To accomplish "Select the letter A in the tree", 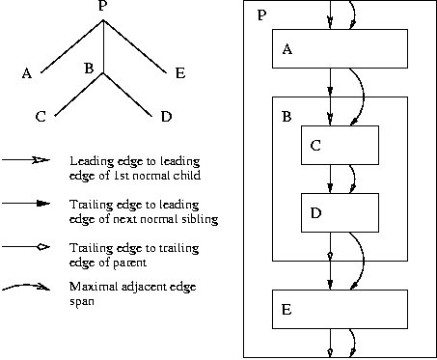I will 26,71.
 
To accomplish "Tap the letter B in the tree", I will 88,69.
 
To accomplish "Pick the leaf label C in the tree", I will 41,117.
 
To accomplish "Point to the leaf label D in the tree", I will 166,117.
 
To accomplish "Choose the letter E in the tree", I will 179,71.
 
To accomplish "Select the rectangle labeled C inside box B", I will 340,145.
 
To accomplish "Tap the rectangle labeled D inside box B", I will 340,212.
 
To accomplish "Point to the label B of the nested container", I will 286,117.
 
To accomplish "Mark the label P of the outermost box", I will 261,17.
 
